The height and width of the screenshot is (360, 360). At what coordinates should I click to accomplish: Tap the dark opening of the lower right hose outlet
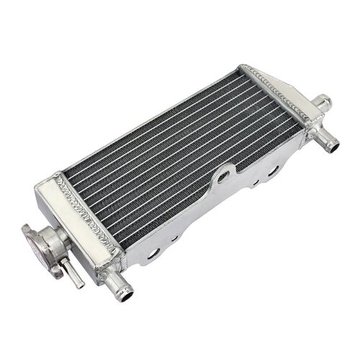(333, 147)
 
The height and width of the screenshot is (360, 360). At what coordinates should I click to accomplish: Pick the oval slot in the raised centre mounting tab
(224, 175)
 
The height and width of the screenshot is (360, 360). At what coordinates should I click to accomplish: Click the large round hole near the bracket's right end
(274, 171)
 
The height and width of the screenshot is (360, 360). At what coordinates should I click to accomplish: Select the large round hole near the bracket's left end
(154, 253)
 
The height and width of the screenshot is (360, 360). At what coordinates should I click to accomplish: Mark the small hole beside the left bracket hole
(175, 238)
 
